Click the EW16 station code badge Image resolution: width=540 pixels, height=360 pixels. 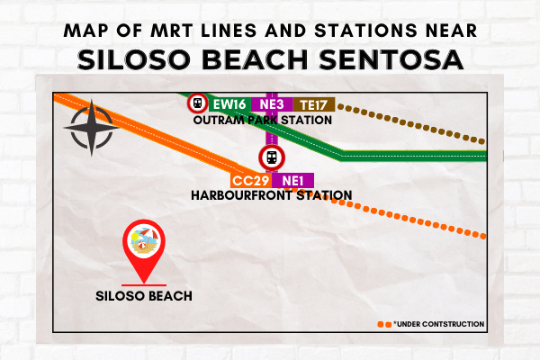pyautogui.click(x=229, y=104)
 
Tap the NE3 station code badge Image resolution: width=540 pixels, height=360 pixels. pyautogui.click(x=272, y=104)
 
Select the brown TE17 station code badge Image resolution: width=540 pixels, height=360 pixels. pyautogui.click(x=314, y=104)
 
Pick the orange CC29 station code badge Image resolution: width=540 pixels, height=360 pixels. pyautogui.click(x=251, y=181)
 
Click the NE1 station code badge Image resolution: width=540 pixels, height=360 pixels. pyautogui.click(x=293, y=181)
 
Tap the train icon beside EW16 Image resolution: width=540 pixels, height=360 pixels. pyautogui.click(x=198, y=103)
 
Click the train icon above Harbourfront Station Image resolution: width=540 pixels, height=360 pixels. pyautogui.click(x=272, y=157)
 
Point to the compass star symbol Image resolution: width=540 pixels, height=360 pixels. pyautogui.click(x=92, y=128)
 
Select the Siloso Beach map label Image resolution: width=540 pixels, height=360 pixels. pyautogui.click(x=144, y=296)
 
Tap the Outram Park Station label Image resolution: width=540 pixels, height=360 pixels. pyautogui.click(x=263, y=121)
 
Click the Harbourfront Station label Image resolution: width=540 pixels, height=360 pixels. pyautogui.click(x=272, y=195)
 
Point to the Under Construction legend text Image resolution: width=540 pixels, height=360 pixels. pyautogui.click(x=439, y=324)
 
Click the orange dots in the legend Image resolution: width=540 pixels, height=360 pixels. pyautogui.click(x=384, y=325)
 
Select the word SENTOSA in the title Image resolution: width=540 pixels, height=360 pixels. pyautogui.click(x=391, y=59)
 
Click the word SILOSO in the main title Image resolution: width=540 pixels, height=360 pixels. pyautogui.click(x=133, y=59)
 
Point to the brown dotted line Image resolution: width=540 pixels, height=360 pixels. pyautogui.click(x=411, y=124)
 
